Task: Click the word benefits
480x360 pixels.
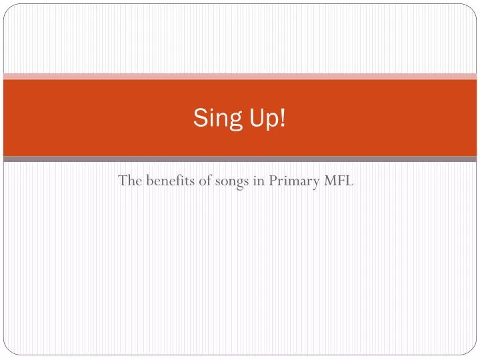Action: click(x=167, y=180)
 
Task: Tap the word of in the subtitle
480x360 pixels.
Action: click(x=203, y=180)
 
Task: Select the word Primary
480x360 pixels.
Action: click(x=293, y=181)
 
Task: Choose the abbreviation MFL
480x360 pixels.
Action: click(x=338, y=180)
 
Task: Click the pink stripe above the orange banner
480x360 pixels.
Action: click(x=240, y=76)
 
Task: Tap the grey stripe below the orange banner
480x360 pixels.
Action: click(x=240, y=159)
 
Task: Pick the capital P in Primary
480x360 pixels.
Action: click(x=273, y=180)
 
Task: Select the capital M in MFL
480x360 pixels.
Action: click(x=329, y=180)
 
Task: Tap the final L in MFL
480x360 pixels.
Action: click(x=349, y=180)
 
